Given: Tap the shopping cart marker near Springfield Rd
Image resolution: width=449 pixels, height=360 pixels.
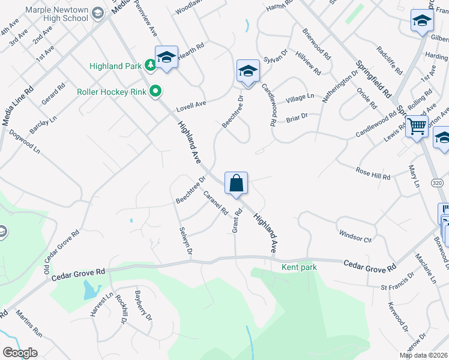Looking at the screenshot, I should point(416,127).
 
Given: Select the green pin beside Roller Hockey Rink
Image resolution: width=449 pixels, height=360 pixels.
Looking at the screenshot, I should point(155,92).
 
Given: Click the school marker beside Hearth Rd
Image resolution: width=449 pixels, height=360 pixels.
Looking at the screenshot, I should point(166,57).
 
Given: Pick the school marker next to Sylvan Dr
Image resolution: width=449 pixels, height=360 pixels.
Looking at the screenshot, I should point(247,71).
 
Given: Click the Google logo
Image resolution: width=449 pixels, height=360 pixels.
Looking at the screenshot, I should point(20,353).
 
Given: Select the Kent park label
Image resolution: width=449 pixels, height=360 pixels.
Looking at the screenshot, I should point(300,266).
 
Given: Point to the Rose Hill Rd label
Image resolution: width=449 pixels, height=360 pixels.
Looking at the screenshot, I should point(373,173).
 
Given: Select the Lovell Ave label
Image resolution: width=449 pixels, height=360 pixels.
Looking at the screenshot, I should point(191,107).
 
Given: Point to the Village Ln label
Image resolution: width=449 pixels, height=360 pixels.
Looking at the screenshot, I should point(300,97).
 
